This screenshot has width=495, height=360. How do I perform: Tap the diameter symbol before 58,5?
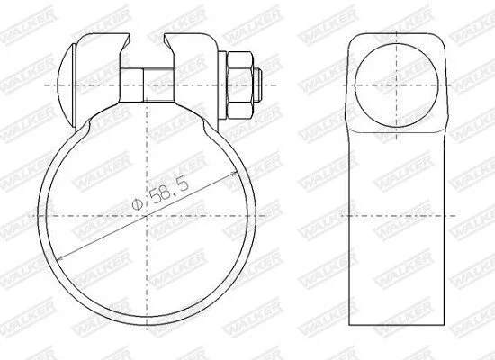(x=138, y=204)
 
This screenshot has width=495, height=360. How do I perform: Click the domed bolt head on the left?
(x=67, y=85)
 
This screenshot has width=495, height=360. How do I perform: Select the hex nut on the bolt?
(x=240, y=85)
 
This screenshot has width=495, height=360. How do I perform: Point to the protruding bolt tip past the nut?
(x=257, y=85)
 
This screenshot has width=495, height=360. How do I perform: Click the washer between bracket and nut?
(x=222, y=85)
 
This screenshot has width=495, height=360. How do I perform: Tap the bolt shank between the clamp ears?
(x=148, y=85)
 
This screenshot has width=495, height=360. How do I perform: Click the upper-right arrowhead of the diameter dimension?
(x=232, y=174)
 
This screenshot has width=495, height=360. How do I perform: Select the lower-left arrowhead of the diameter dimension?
(x=62, y=258)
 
